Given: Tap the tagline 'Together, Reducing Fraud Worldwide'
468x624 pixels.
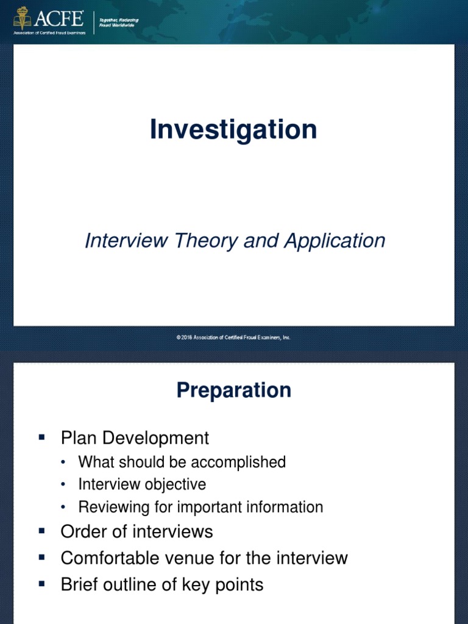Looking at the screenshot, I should coord(119,23).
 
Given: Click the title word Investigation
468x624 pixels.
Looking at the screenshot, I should coord(233,130).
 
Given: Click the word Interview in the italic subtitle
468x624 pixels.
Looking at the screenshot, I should coord(124,241).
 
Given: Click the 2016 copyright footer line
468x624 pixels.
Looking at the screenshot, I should coord(233,337).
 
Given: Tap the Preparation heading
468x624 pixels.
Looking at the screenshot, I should coord(233,391).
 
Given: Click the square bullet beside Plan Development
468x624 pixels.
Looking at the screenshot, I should coord(42,437).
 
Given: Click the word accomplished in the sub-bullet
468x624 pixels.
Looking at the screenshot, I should coord(242,463).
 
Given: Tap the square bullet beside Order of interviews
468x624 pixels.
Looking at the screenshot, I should coord(42,531).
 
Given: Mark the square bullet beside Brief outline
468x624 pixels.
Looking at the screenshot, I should coord(42,584).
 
